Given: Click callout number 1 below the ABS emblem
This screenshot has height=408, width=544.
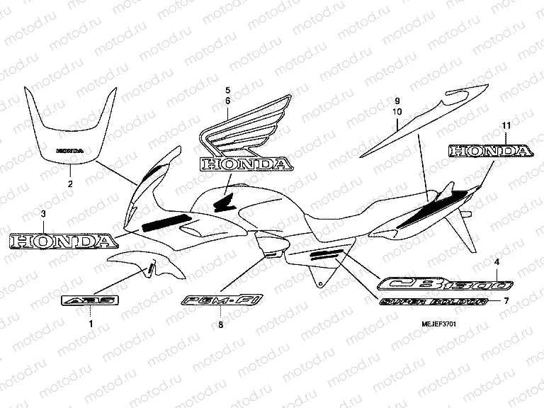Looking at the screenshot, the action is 90,323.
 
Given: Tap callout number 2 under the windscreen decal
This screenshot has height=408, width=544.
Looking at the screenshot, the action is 70,184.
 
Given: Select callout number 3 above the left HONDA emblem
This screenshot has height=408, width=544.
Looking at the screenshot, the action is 43,213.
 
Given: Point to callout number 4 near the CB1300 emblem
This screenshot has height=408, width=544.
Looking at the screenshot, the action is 497,263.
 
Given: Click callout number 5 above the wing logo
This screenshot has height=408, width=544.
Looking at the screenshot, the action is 228,90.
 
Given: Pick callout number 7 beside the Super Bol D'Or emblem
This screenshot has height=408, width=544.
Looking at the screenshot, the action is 506,300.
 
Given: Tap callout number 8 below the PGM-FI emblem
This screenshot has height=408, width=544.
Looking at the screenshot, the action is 220,324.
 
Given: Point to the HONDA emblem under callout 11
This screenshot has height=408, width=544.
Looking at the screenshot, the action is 489,152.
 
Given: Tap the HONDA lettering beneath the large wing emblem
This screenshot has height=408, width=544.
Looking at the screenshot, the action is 245,164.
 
